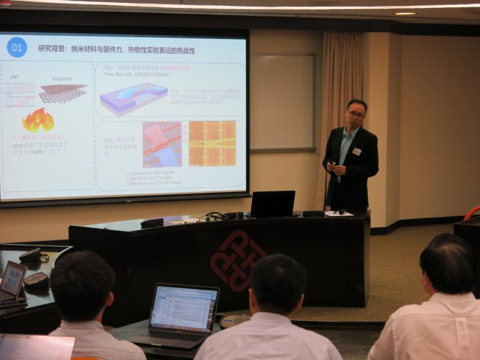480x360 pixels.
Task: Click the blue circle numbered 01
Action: pyautogui.click(x=17, y=47)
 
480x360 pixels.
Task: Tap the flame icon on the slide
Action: pyautogui.click(x=38, y=121)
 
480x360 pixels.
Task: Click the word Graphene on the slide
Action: pyautogui.click(x=62, y=78)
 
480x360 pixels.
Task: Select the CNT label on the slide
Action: pyautogui.click(x=14, y=77)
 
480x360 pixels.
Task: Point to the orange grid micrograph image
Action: pyautogui.click(x=212, y=143)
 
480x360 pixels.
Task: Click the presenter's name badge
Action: pyautogui.click(x=356, y=151)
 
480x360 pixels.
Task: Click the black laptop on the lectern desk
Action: pyautogui.click(x=272, y=204)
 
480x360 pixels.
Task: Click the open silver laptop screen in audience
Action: pyautogui.click(x=184, y=308)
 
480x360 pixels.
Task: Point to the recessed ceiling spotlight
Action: pyautogui.click(x=404, y=13)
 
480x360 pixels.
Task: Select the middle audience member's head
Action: pyautogui.click(x=278, y=285)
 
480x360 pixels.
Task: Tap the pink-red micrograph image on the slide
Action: pyautogui.click(x=162, y=144)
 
